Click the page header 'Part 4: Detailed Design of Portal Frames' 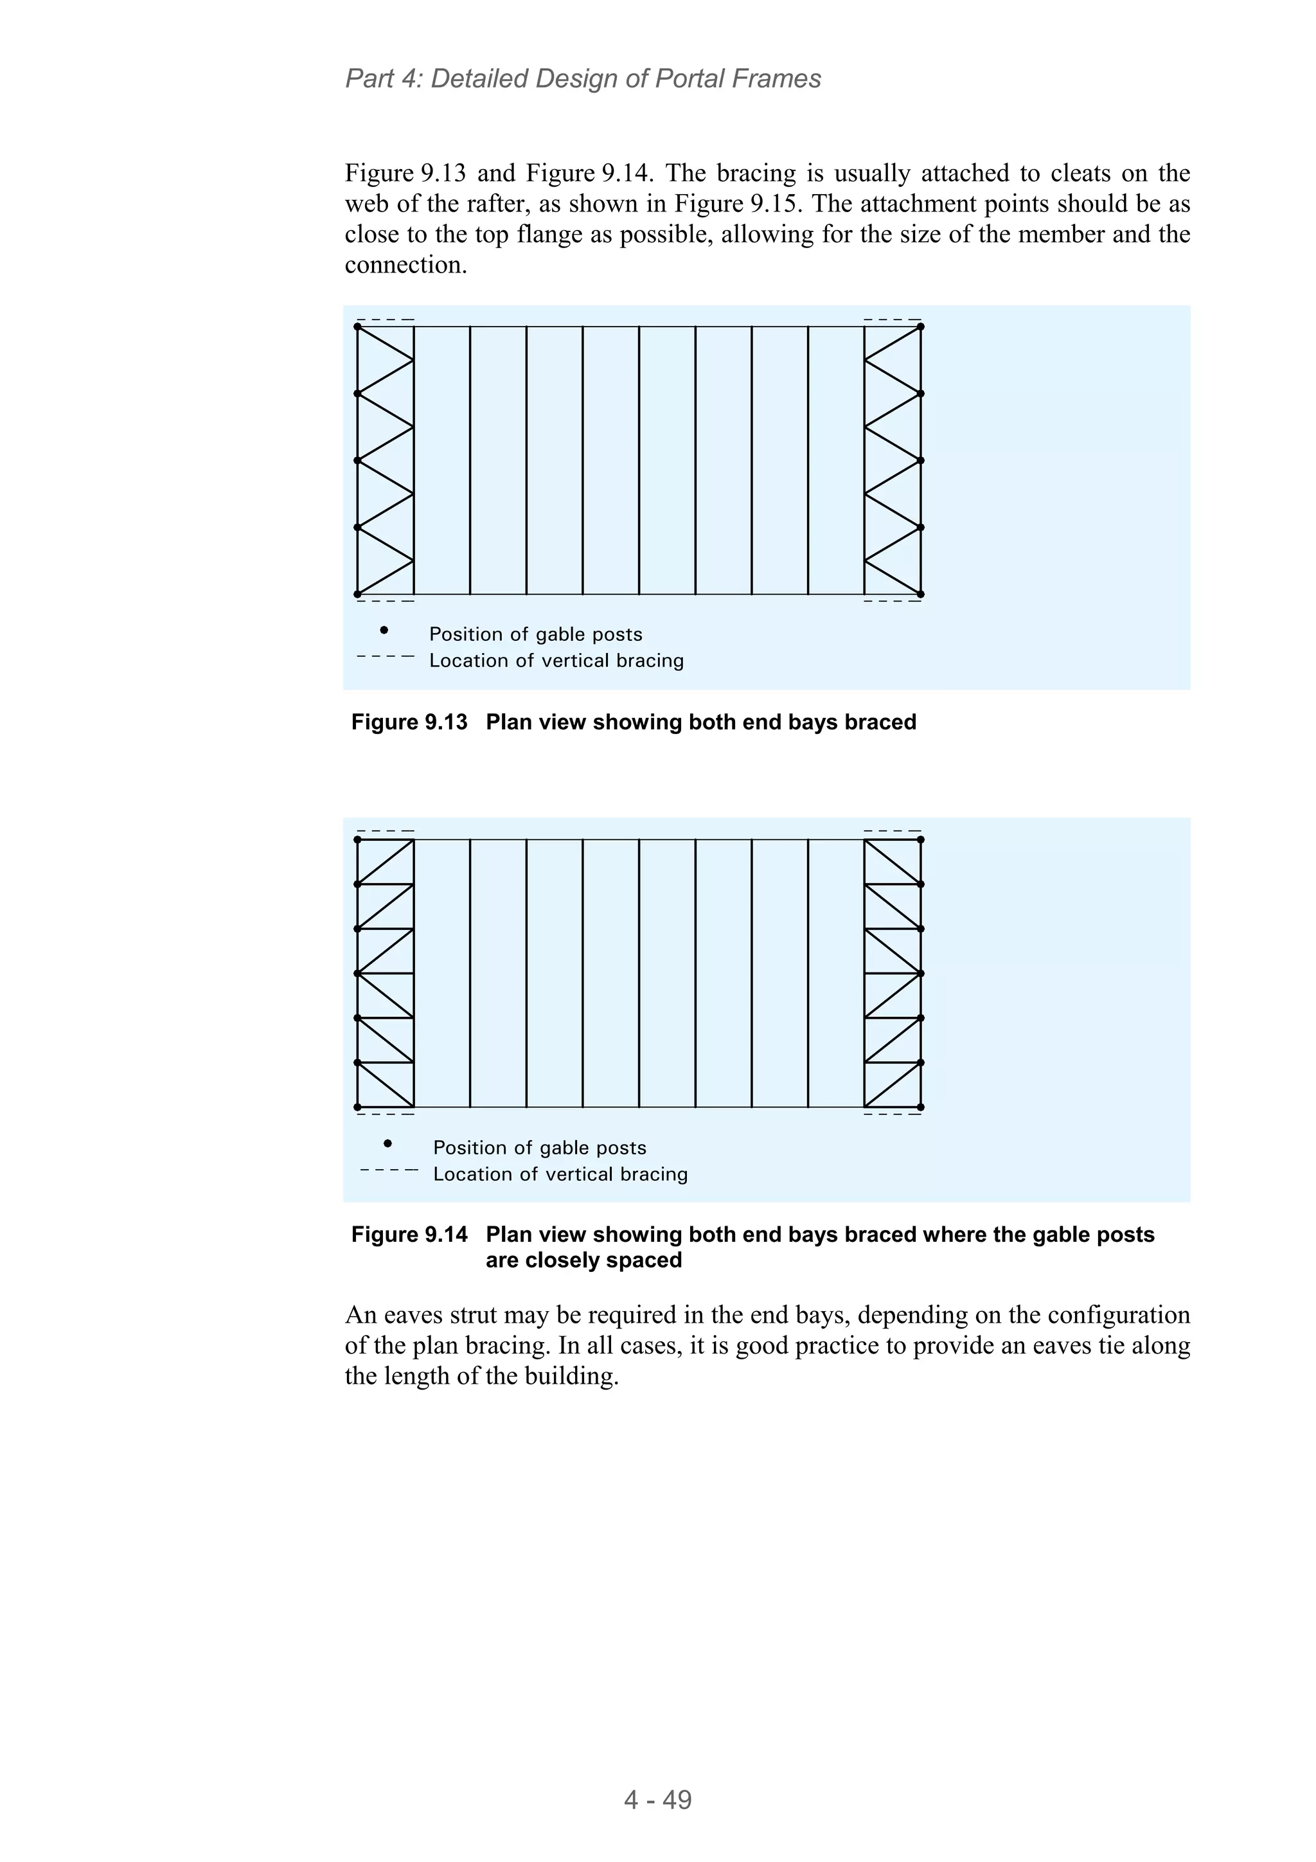click(x=583, y=78)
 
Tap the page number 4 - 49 click(x=657, y=1800)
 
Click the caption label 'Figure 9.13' click(x=409, y=722)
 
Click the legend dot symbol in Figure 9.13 click(x=384, y=630)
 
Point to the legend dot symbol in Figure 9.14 click(x=387, y=1143)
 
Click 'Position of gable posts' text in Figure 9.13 click(x=535, y=634)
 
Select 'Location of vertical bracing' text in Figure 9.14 click(x=560, y=1174)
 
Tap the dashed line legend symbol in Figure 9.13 click(x=385, y=656)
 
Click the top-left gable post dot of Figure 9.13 click(x=357, y=327)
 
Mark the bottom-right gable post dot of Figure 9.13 click(x=921, y=595)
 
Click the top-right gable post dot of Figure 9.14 click(x=921, y=839)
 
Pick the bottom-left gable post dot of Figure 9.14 click(x=357, y=1107)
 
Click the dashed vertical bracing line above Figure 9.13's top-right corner click(x=892, y=319)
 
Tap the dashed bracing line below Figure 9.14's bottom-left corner click(x=385, y=1115)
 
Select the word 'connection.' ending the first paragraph click(x=405, y=265)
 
